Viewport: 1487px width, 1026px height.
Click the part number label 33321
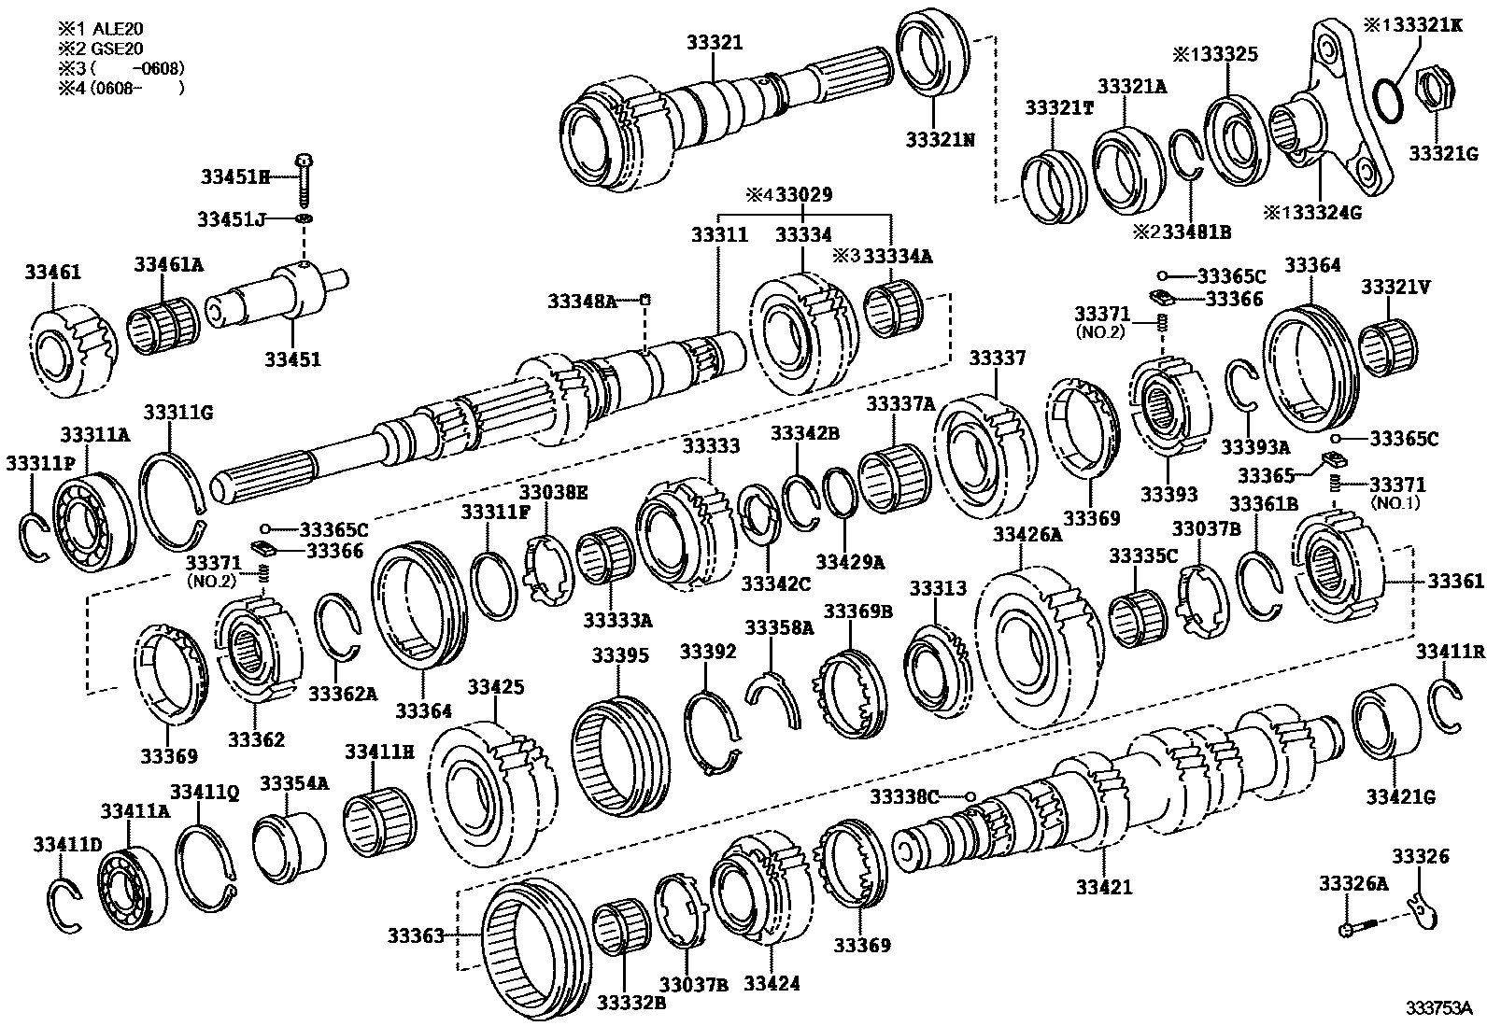[x=714, y=42]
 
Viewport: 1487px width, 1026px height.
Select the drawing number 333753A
[x=1439, y=1008]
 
